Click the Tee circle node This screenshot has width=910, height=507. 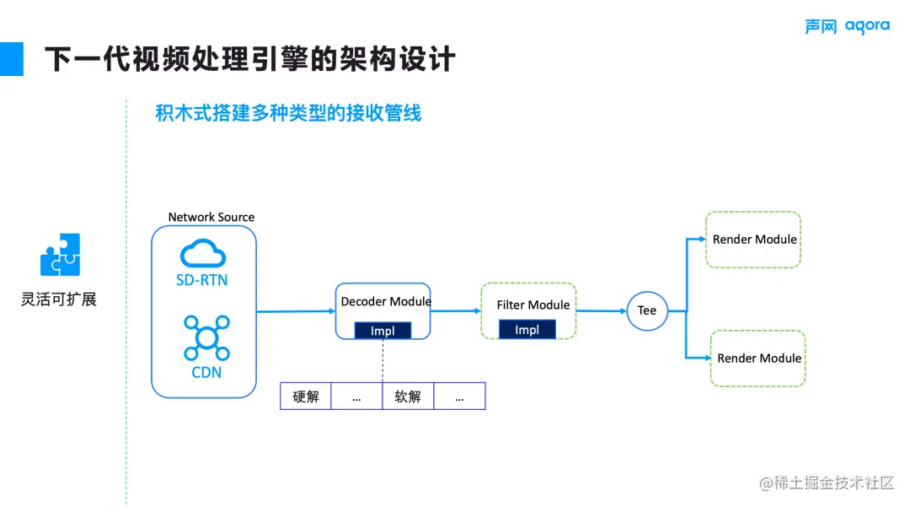tap(646, 310)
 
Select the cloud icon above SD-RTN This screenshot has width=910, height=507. tap(203, 252)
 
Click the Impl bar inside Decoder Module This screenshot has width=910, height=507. tap(383, 331)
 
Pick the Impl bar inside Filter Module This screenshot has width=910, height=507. tap(527, 330)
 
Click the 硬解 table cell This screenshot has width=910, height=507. tap(306, 396)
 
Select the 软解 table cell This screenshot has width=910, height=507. tap(408, 396)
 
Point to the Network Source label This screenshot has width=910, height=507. tap(211, 217)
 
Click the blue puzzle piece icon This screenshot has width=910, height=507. tap(61, 255)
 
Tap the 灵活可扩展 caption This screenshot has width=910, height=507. tap(59, 299)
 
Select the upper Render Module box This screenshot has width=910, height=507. tap(753, 240)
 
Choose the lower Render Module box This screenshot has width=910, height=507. tap(758, 359)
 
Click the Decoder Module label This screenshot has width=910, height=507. tap(386, 301)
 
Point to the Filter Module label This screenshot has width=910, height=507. tap(533, 305)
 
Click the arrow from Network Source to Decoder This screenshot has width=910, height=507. tap(295, 311)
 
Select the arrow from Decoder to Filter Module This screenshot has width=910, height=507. tap(456, 310)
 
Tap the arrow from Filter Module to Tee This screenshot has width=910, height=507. tap(602, 310)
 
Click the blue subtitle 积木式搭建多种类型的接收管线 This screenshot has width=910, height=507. tap(288, 113)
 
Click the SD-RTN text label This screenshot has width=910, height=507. tap(202, 280)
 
